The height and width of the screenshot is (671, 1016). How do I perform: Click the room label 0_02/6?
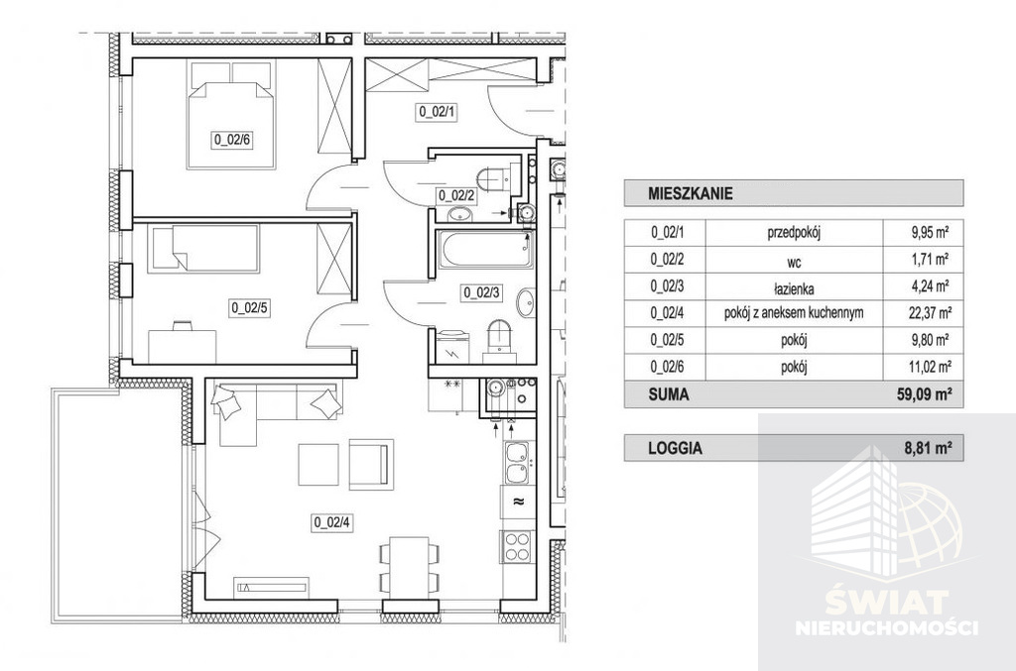230,140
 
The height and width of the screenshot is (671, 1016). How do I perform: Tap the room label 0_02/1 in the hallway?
438,112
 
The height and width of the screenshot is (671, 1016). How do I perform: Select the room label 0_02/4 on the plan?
332,522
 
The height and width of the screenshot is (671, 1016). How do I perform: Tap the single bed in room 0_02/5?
203,248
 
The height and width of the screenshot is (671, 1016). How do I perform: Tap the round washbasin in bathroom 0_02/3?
526,303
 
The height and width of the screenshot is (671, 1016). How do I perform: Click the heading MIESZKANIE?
691,193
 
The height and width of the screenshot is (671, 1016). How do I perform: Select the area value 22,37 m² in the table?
930,313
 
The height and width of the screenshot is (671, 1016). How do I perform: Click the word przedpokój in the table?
794,232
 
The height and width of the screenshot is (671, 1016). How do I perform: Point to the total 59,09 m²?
928,394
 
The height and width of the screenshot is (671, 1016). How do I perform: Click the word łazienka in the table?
794,288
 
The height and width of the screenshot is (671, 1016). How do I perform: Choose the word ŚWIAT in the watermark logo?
886,605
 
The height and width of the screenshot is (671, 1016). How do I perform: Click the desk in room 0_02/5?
183,346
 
